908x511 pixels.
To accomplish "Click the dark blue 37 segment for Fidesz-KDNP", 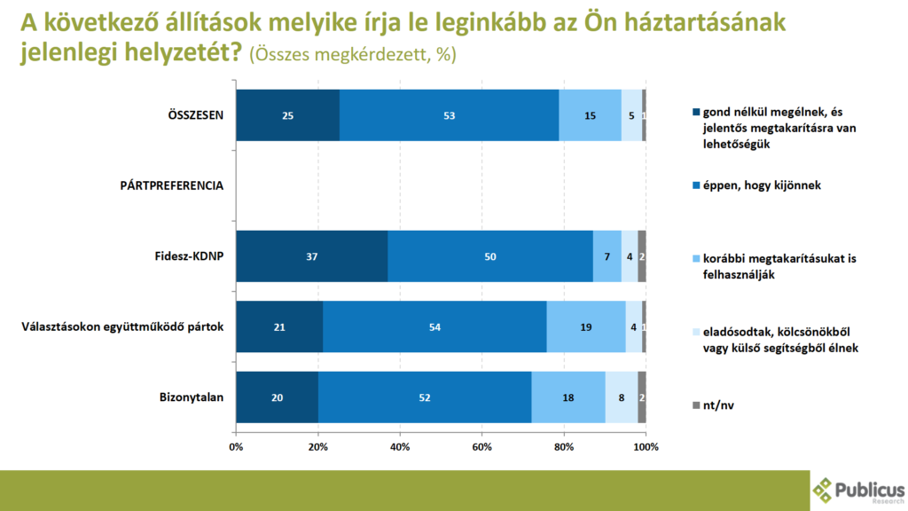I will (311, 256).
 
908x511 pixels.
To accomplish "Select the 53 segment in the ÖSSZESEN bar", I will (449, 115).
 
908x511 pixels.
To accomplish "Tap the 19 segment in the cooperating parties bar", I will (585, 326).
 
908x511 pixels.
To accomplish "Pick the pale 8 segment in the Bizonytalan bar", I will (622, 397).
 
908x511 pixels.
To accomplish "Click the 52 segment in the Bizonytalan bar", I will (425, 397).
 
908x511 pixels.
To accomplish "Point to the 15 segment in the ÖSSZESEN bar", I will (590, 115).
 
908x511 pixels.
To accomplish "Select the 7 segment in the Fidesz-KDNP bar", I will (607, 256).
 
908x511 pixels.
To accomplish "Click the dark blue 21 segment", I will (279, 326).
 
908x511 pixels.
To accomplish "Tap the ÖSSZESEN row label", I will (196, 115).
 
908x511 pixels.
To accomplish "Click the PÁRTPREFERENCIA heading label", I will (172, 185).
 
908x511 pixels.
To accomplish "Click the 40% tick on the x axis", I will (400, 446).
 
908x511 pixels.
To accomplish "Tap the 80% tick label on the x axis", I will (564, 446).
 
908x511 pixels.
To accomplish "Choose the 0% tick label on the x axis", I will (236, 446).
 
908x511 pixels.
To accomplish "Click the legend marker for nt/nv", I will (696, 405).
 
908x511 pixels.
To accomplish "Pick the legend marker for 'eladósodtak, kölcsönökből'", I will (696, 332).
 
